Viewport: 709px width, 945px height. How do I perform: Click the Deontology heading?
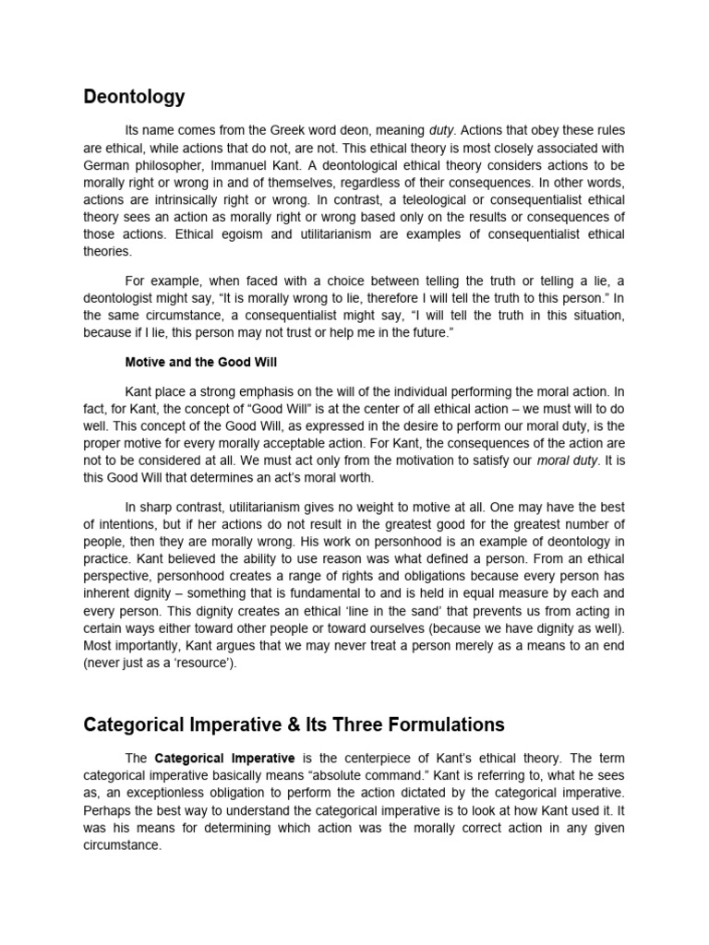click(134, 97)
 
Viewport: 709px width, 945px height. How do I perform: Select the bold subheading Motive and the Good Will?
click(200, 362)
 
